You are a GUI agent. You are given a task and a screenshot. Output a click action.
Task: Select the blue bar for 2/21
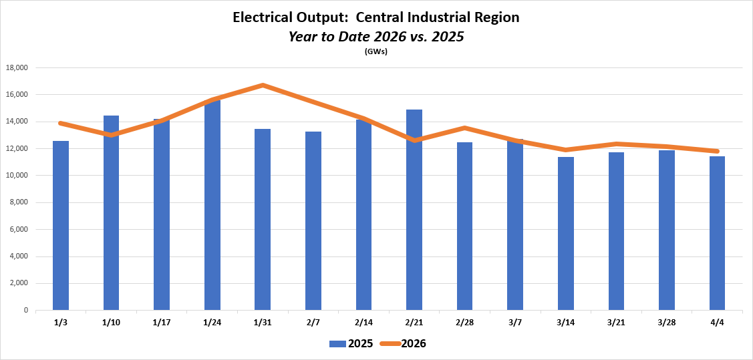(x=414, y=210)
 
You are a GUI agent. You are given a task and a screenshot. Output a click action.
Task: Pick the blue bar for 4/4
(x=717, y=233)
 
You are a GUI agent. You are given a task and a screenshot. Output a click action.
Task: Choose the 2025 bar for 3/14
(x=566, y=233)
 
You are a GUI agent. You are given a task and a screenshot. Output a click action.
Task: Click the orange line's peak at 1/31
(x=263, y=85)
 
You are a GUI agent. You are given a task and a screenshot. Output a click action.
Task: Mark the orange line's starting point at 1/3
(x=61, y=123)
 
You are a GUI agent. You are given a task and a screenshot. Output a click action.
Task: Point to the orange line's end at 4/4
(x=717, y=151)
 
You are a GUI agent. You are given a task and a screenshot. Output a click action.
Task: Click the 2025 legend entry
(x=351, y=344)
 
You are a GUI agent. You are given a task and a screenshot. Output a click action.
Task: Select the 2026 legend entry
(x=403, y=344)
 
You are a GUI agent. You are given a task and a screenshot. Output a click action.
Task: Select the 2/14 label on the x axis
(x=363, y=323)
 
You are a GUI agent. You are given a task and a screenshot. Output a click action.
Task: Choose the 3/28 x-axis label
(x=666, y=323)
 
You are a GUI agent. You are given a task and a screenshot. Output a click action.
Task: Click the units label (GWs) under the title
(x=376, y=51)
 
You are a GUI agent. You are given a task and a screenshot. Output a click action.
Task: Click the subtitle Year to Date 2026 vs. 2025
(x=376, y=37)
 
